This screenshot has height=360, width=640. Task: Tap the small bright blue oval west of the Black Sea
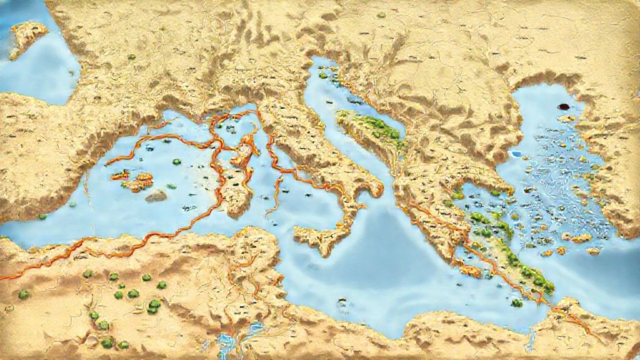516,153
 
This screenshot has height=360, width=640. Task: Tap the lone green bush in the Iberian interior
131,57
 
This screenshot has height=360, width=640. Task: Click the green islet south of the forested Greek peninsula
517,303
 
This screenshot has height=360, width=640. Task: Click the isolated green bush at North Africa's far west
24,294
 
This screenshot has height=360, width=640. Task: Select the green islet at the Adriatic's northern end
323,75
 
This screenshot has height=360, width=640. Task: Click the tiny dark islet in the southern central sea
342,303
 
